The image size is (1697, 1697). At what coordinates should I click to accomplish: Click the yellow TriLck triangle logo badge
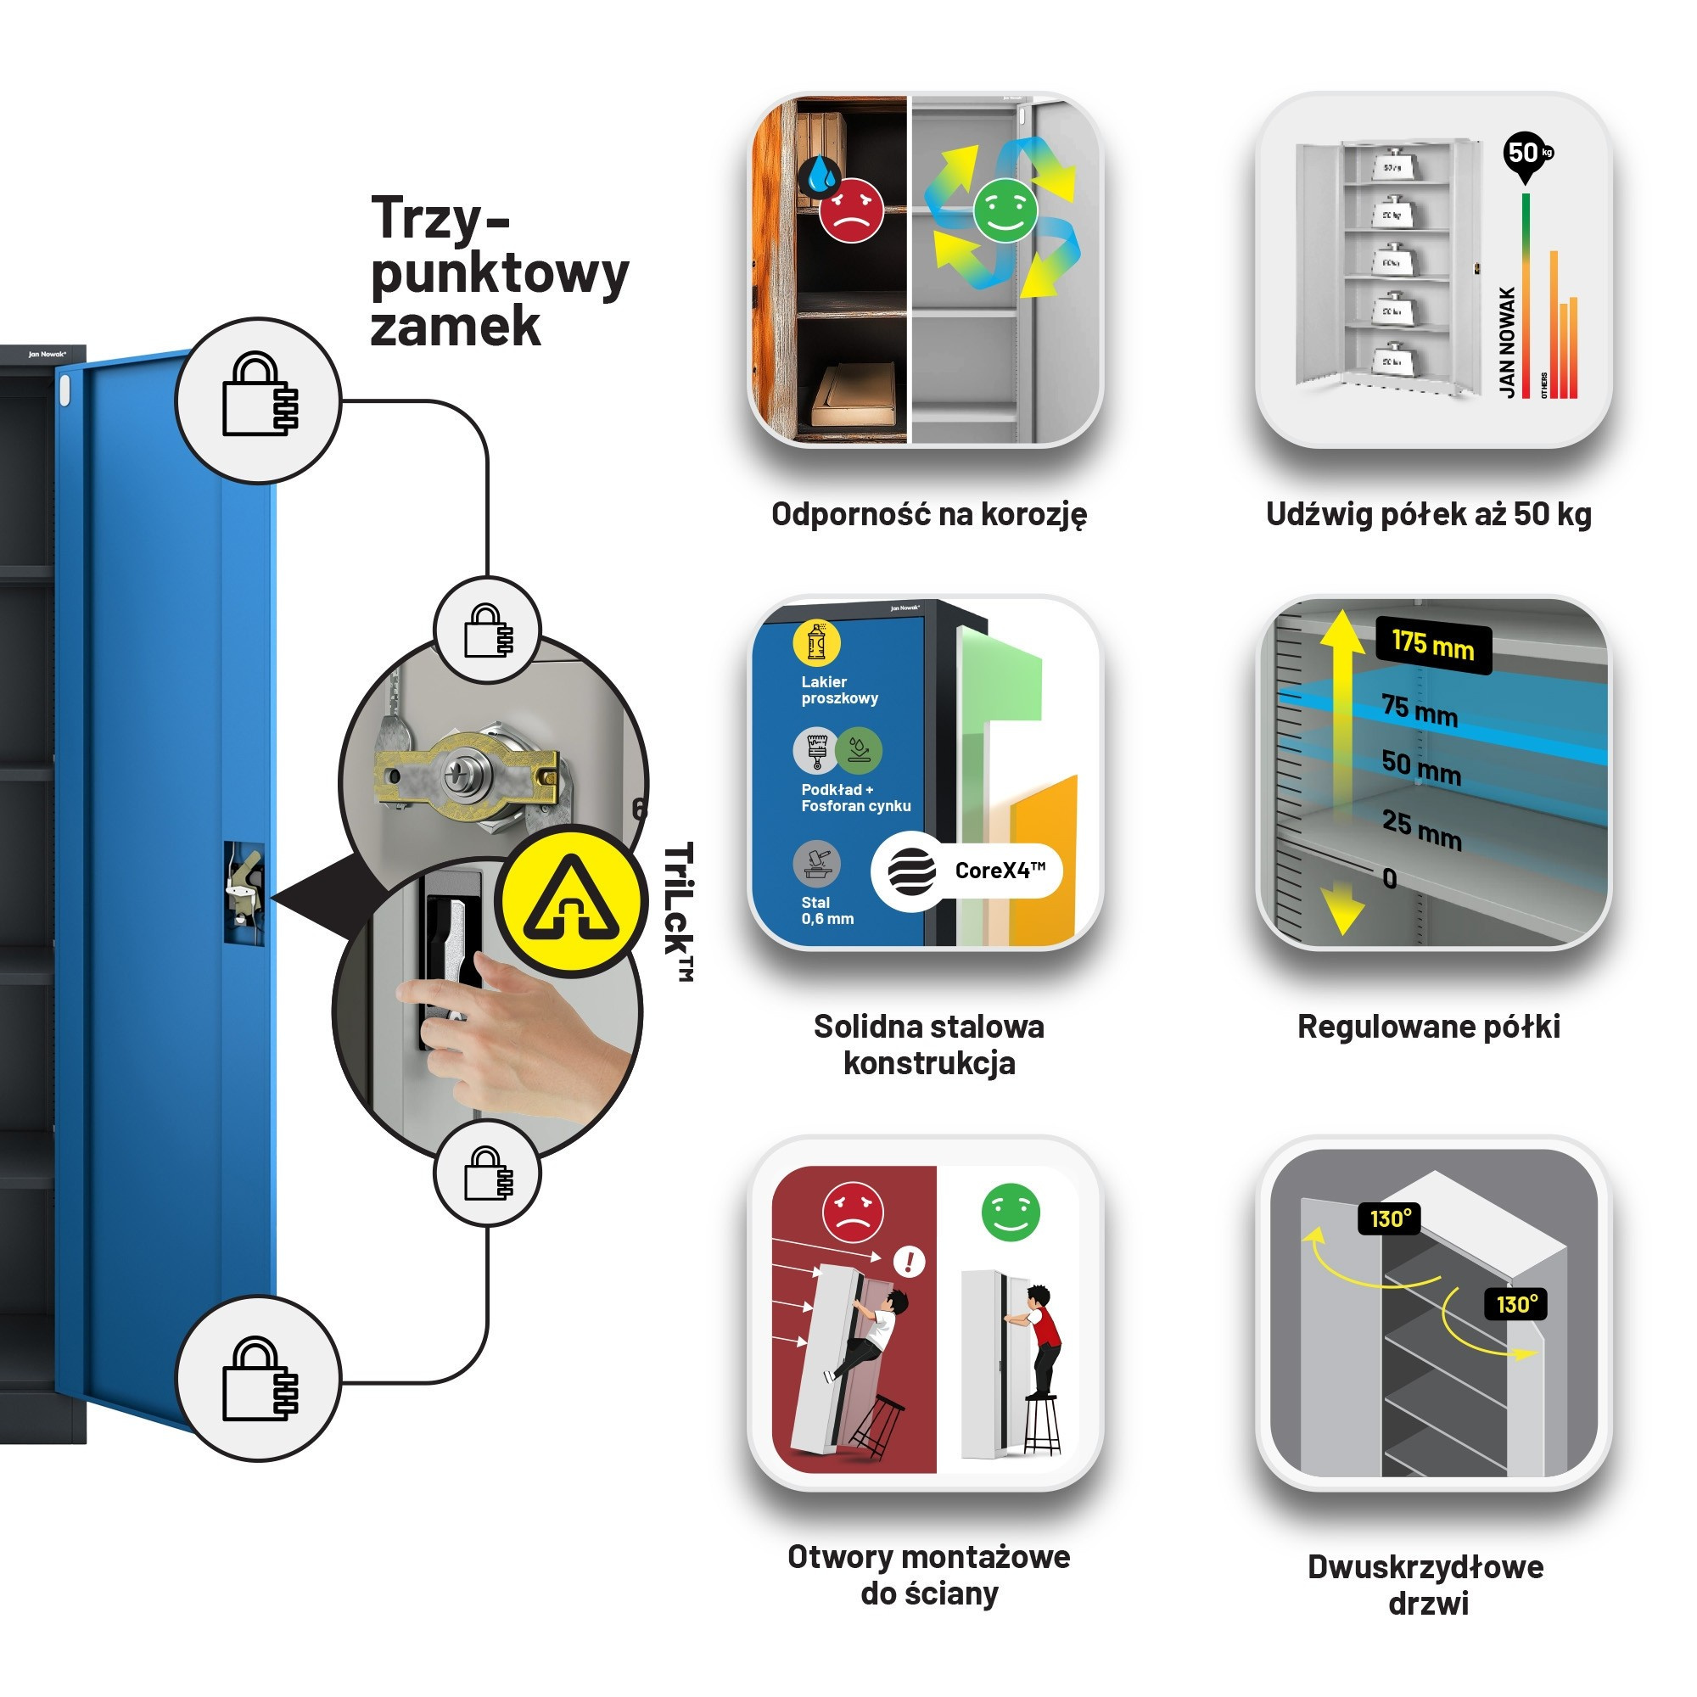[572, 900]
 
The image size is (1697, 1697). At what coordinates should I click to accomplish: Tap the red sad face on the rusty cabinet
[850, 210]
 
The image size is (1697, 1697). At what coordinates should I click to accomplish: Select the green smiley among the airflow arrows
[1005, 210]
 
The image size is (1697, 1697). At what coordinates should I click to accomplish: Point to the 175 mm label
[1431, 646]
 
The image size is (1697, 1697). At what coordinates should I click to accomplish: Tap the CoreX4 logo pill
[966, 871]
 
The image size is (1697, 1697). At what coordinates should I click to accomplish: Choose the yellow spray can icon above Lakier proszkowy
[816, 643]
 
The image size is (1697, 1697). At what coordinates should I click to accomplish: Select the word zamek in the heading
[455, 327]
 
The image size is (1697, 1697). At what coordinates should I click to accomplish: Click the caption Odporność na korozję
[928, 514]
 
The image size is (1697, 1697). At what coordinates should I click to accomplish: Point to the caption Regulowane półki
[1428, 1026]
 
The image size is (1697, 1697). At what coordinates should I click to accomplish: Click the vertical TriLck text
[678, 910]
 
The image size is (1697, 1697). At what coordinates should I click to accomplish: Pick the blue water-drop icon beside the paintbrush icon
[858, 749]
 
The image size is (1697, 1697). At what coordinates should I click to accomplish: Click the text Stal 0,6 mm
[826, 910]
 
